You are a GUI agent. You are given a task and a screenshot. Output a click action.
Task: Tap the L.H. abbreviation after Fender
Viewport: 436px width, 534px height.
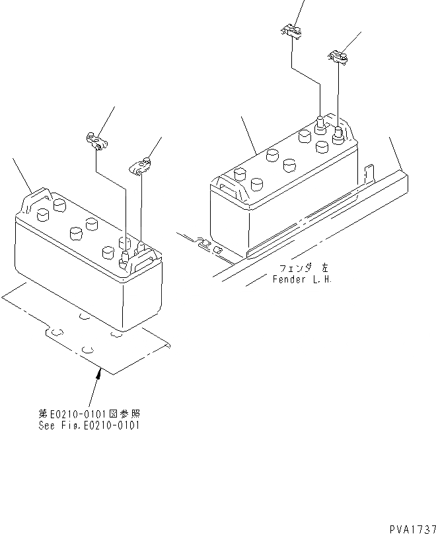pos(320,279)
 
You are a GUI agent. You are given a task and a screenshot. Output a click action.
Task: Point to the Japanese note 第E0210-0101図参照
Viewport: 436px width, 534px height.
pos(89,414)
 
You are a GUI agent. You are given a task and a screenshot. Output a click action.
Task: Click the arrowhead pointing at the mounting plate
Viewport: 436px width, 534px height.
pos(99,374)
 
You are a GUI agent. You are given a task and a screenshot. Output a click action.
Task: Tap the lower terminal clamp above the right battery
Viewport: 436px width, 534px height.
pos(338,58)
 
